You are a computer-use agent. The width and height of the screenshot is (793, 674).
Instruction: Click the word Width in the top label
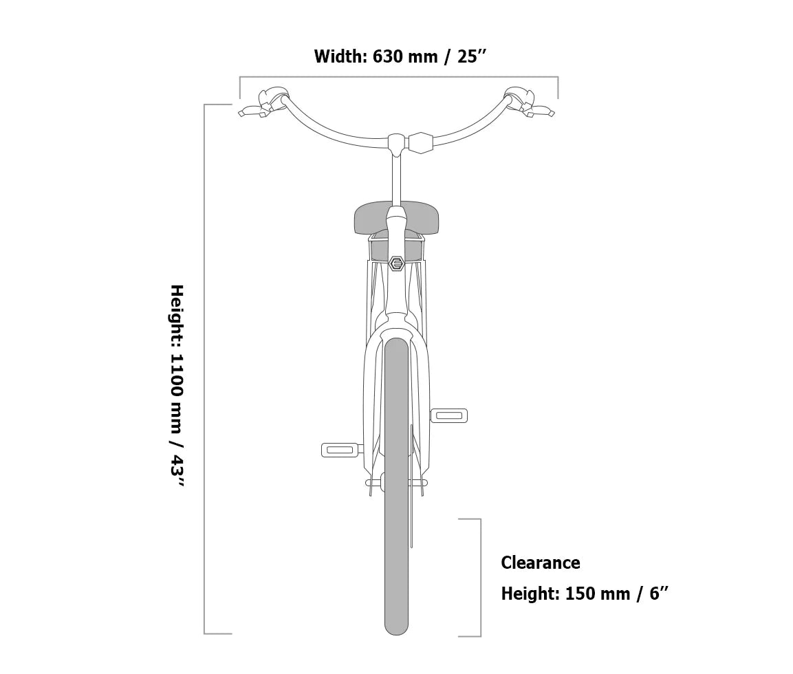click(x=340, y=56)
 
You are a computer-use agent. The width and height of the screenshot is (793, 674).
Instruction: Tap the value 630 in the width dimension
click(x=387, y=56)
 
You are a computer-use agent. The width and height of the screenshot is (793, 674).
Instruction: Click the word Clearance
click(x=540, y=563)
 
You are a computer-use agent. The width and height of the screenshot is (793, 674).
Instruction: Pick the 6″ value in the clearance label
click(x=658, y=593)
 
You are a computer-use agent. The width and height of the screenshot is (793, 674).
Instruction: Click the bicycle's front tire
click(x=396, y=486)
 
